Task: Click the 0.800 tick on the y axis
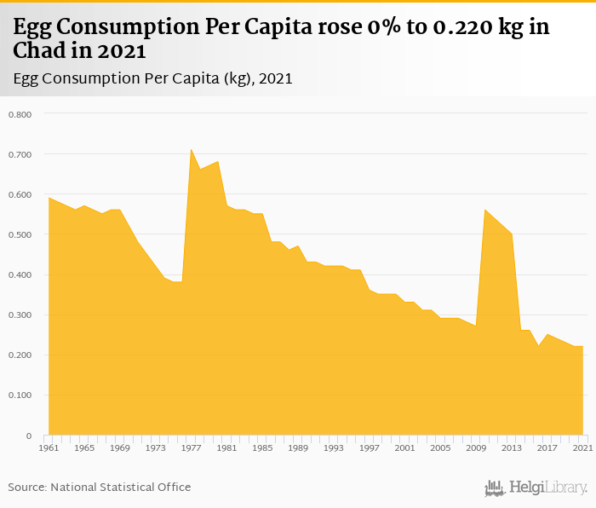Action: tap(19, 114)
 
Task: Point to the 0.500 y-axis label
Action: tap(19, 234)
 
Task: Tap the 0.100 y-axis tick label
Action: tap(19, 395)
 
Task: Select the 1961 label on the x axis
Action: tap(49, 447)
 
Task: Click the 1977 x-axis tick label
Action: tap(191, 447)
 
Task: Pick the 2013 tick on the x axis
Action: tap(512, 447)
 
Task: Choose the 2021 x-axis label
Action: tap(582, 447)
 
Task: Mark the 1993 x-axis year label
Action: tap(334, 447)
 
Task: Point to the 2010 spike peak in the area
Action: tap(484, 210)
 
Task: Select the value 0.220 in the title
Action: tap(465, 26)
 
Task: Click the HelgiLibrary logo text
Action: tap(547, 488)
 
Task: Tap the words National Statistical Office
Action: tap(121, 488)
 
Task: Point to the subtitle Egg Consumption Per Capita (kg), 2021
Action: tap(153, 79)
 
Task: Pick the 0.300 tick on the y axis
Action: tap(19, 315)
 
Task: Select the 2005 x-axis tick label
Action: tap(440, 447)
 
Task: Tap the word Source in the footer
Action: tap(26, 488)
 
